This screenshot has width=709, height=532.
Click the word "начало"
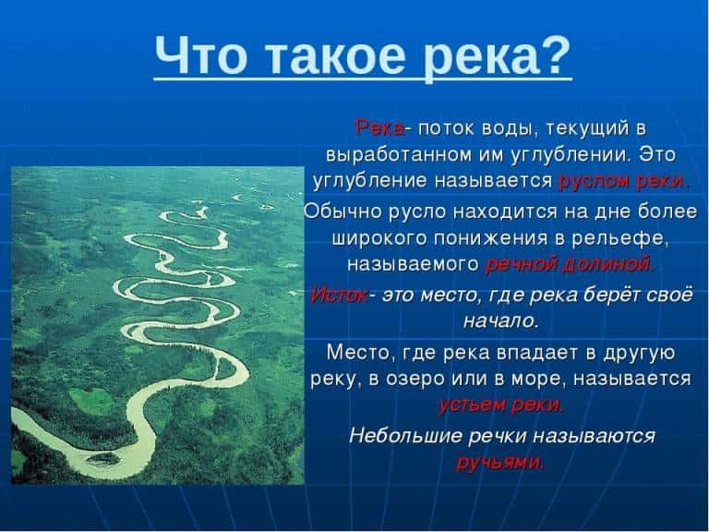pyautogui.click(x=499, y=321)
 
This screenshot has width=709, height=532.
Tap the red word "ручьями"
pyautogui.click(x=499, y=462)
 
